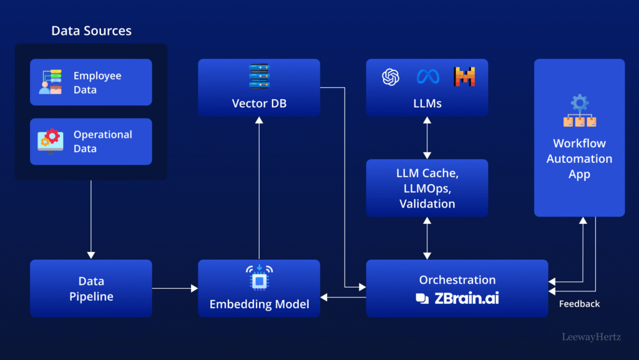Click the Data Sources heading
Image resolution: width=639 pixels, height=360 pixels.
point(91,31)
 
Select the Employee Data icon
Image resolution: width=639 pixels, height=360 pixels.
point(50,82)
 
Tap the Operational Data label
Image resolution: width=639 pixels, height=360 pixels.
point(102,142)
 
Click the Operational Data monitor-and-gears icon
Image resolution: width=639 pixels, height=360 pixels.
point(50,141)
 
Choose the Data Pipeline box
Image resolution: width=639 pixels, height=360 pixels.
point(91,288)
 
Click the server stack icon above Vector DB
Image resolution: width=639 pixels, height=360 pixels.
point(259,76)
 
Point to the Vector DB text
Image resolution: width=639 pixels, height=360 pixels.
point(259,104)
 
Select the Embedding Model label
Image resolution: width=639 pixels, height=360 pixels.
point(259,304)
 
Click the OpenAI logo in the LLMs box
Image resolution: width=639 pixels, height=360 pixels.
point(391,77)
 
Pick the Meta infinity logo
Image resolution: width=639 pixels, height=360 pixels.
point(427,77)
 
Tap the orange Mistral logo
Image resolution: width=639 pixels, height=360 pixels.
point(464,77)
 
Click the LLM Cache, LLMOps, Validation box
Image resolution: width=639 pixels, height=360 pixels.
point(427,188)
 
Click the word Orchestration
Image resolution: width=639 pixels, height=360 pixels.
point(457,280)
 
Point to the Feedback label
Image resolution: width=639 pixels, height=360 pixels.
point(579,304)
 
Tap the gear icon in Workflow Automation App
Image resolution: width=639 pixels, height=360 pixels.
point(580,103)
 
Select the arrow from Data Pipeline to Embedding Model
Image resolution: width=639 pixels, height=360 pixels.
point(175,288)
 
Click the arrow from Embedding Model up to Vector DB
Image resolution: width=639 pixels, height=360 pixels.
point(259,187)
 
